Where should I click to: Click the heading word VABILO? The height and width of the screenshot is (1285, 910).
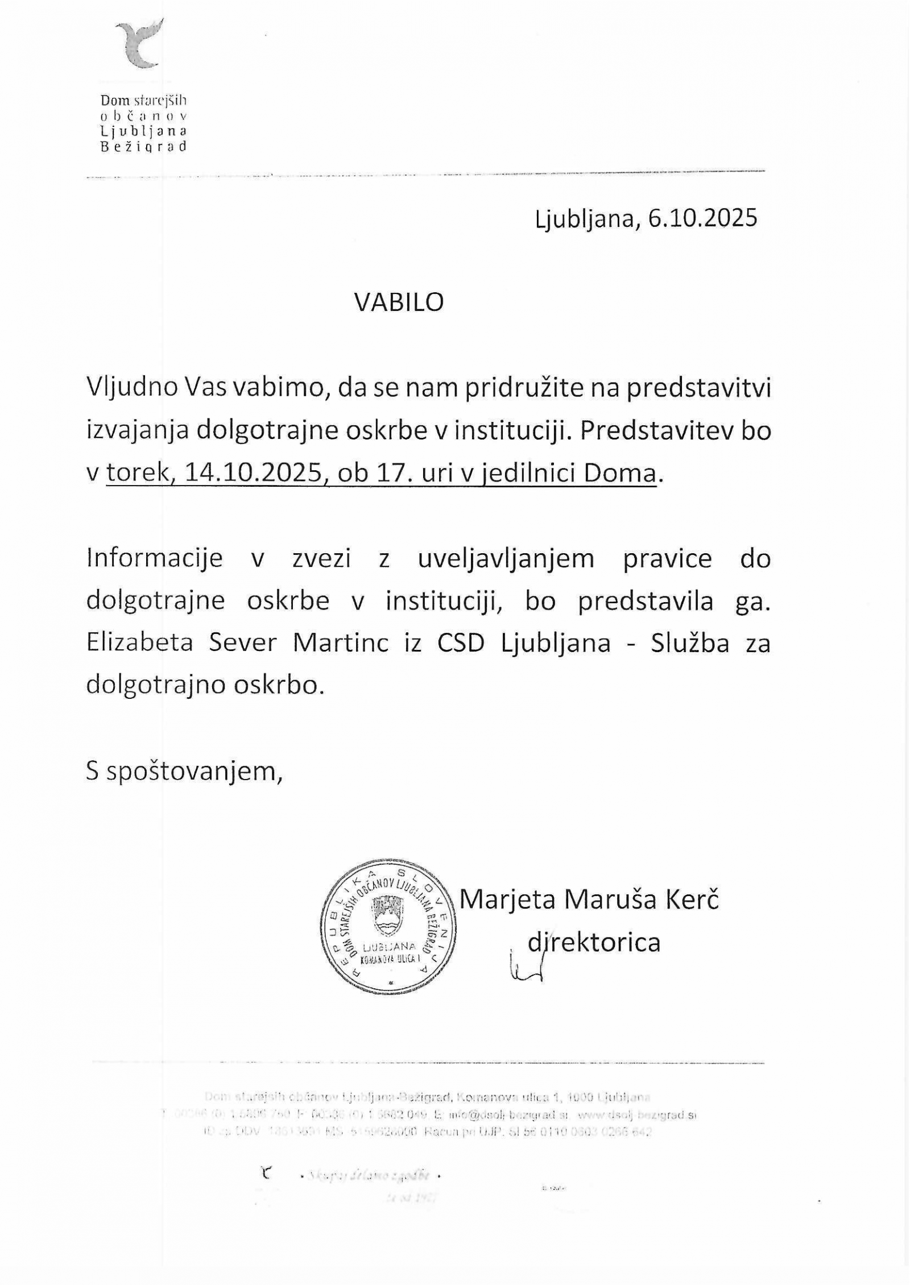pyautogui.click(x=399, y=302)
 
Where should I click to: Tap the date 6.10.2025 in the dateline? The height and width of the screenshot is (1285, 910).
pyautogui.click(x=702, y=218)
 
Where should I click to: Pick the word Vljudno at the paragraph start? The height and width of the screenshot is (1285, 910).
pyautogui.click(x=133, y=388)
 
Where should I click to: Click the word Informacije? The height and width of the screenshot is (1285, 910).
pyautogui.click(x=154, y=558)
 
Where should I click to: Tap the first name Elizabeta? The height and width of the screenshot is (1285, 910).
pyautogui.click(x=139, y=643)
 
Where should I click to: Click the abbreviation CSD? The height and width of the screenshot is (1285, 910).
pyautogui.click(x=461, y=643)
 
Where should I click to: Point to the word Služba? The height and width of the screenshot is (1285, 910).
pyautogui.click(x=691, y=643)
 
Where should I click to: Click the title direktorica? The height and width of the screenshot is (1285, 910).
pyautogui.click(x=594, y=942)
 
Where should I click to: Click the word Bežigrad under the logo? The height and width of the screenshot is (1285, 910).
pyautogui.click(x=143, y=147)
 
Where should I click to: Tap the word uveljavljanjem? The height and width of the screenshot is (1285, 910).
pyautogui.click(x=506, y=558)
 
